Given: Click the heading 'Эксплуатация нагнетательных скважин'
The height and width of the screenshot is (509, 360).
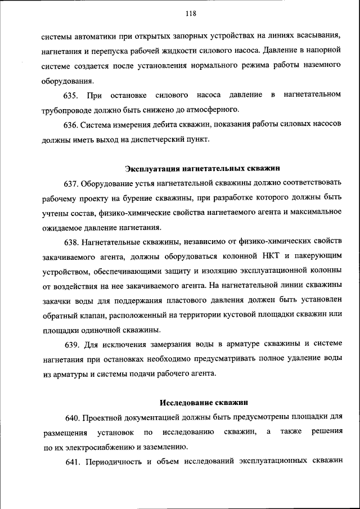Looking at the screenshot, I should (201, 168).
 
